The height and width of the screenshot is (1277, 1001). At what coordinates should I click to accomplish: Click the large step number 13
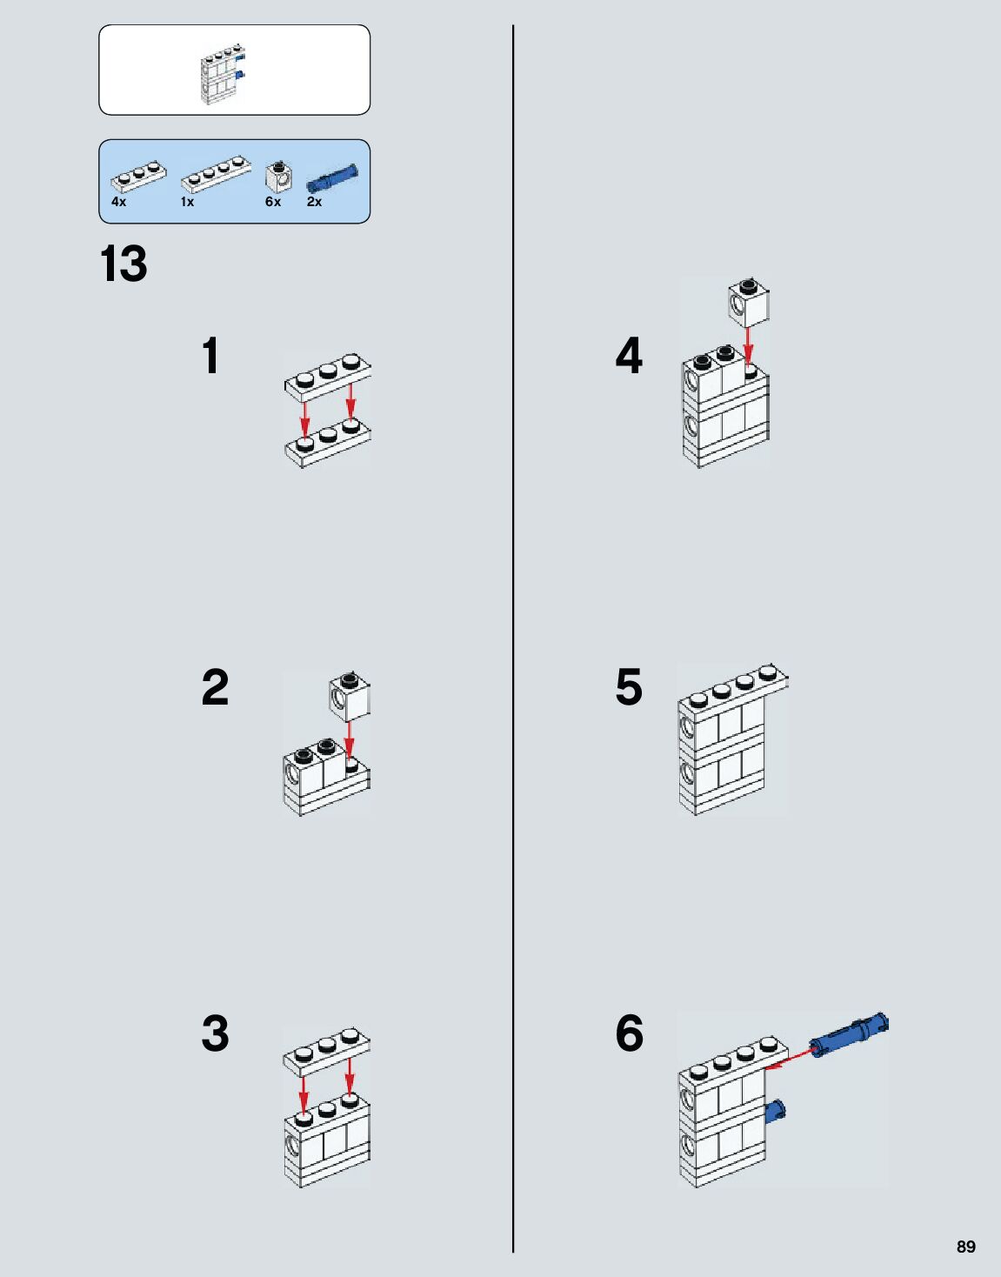pyautogui.click(x=123, y=264)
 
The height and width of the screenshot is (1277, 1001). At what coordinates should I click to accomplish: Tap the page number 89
pyautogui.click(x=965, y=1247)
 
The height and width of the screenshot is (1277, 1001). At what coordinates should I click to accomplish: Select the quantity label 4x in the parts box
pyautogui.click(x=118, y=202)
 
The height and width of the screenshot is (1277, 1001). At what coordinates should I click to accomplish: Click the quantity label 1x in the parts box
pyautogui.click(x=187, y=202)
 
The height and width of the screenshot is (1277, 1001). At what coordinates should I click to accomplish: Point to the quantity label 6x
pyautogui.click(x=273, y=202)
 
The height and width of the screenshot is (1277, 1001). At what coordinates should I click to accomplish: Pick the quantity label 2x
pyautogui.click(x=314, y=202)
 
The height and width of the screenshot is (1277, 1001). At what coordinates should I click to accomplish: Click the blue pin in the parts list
pyautogui.click(x=332, y=177)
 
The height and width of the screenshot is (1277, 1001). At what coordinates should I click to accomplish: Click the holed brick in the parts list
pyautogui.click(x=278, y=177)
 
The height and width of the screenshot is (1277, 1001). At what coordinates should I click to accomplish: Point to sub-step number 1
pyautogui.click(x=210, y=357)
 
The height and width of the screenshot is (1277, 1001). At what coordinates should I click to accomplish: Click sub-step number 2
pyautogui.click(x=215, y=687)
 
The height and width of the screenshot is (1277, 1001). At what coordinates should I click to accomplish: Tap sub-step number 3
pyautogui.click(x=215, y=1033)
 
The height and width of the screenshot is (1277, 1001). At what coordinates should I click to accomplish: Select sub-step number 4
pyautogui.click(x=629, y=357)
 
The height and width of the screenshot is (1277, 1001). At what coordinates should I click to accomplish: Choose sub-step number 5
pyautogui.click(x=629, y=687)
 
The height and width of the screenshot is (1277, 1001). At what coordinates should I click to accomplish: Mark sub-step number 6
pyautogui.click(x=629, y=1033)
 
